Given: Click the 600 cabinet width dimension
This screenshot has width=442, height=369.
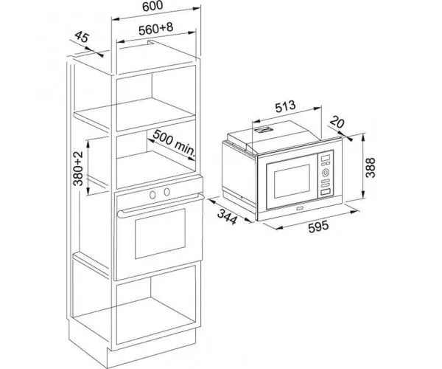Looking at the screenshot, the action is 152,6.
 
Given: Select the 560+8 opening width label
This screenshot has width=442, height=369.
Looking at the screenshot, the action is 156,29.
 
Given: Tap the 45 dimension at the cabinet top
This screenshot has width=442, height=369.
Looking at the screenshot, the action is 82,37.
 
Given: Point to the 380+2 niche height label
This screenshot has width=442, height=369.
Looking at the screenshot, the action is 78,168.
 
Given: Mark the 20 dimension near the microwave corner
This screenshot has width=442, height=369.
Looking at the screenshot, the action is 337,122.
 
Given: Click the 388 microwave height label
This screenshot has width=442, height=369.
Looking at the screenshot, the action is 371,168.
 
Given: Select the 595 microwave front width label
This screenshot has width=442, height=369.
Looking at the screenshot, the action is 318,226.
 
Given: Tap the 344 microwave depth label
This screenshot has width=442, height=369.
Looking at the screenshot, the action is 227,216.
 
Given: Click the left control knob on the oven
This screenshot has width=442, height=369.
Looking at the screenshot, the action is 152,195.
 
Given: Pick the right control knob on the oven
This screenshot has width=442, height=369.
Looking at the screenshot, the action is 167,192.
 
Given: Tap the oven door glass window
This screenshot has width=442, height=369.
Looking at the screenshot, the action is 160,234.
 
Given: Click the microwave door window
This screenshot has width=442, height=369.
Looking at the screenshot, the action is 292,182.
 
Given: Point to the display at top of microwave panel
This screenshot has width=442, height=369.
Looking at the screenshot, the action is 326,157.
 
